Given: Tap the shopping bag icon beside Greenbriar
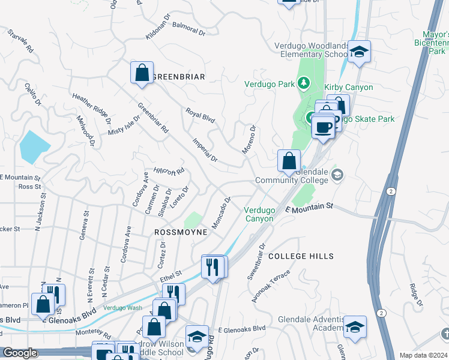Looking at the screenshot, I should (142, 73).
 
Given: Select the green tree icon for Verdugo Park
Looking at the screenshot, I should (304, 83).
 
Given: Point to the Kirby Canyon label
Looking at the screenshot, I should (349, 88).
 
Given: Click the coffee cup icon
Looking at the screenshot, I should (323, 127).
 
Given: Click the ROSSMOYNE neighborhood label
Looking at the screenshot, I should (181, 232).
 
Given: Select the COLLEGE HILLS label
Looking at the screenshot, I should (300, 256).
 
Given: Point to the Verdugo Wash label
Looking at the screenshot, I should (122, 308).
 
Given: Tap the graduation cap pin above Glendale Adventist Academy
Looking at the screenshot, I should (355, 326).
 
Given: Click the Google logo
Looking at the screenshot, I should (19, 353).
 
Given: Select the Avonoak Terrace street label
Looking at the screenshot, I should (271, 286).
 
